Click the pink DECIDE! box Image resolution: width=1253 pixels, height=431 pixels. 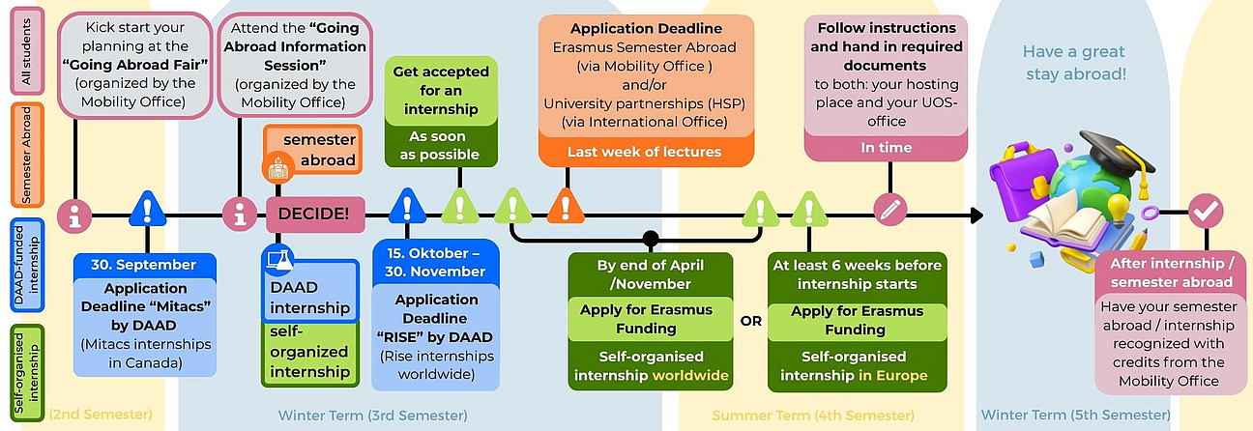coord(315,215)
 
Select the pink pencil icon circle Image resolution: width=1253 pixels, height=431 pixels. coord(890,210)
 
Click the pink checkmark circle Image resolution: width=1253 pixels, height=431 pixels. coord(1206,211)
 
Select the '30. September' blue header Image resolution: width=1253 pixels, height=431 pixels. coord(145,265)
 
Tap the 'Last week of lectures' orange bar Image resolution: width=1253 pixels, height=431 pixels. coord(646,152)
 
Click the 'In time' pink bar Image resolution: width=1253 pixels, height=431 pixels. coord(886,148)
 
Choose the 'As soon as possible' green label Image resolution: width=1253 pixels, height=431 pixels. coord(441,145)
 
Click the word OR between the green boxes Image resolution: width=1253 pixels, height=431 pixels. coord(750,322)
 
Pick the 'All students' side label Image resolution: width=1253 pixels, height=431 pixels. coord(27,51)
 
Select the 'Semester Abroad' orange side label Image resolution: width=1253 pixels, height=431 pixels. coord(27,155)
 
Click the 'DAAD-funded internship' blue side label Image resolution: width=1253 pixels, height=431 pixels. coord(27,265)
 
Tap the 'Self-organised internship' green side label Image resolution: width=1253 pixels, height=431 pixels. coord(27,373)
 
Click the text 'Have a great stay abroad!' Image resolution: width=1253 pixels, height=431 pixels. coord(1074,63)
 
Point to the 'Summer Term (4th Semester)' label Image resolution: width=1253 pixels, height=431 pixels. coord(813,416)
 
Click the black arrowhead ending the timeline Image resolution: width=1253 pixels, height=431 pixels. coord(976,215)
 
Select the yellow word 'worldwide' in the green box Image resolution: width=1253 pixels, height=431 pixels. coord(691,375)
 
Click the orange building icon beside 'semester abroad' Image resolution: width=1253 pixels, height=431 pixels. coord(278,168)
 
